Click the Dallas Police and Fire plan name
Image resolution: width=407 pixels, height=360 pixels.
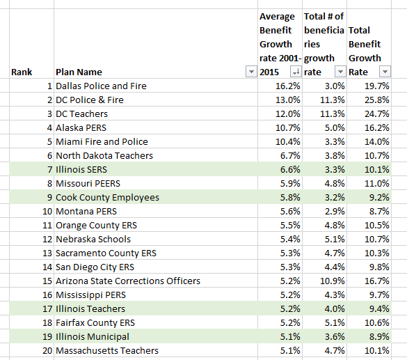point(101,86)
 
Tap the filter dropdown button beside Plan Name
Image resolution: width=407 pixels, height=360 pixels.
point(250,72)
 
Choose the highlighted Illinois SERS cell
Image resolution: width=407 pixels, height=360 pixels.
point(81,169)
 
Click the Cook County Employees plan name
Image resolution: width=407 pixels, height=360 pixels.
point(107,197)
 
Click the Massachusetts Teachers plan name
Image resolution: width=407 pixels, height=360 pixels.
point(107,350)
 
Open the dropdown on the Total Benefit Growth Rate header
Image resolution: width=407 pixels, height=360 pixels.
point(384,72)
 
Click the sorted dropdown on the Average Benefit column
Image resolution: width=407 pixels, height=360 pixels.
point(295,72)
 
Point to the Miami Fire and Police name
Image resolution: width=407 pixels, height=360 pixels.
point(102,141)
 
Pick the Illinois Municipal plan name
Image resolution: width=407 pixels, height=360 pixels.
point(93,336)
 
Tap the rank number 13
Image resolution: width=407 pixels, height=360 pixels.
point(47,253)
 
